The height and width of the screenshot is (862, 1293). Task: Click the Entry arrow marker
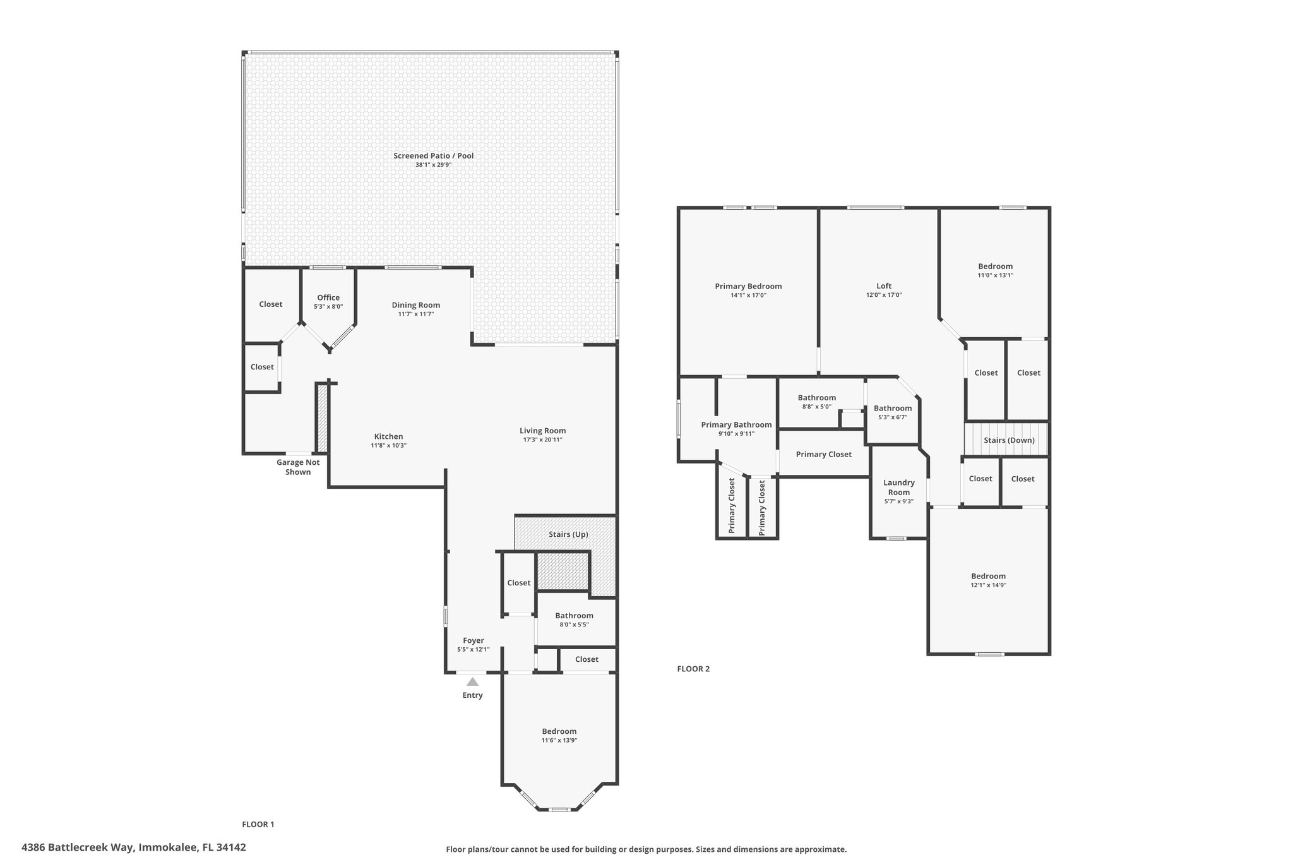[472, 681]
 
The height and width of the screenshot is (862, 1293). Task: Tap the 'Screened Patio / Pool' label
[433, 156]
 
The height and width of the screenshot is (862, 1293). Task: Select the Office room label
[328, 297]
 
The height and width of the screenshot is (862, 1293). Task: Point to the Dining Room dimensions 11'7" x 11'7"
[416, 314]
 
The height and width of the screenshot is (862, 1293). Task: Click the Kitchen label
[388, 436]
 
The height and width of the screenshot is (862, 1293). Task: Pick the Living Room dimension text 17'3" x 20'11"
[542, 440]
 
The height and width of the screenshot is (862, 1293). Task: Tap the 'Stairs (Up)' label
[568, 534]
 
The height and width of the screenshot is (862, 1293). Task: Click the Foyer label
[474, 640]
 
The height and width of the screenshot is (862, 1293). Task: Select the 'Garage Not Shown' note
[298, 467]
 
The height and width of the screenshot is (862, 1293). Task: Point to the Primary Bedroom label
[748, 286]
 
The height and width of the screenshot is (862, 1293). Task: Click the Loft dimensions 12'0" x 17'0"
[884, 295]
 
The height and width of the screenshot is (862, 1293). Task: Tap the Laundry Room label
[899, 488]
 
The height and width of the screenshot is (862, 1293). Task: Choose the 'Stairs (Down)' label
[1009, 440]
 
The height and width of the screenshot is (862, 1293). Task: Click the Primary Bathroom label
[736, 424]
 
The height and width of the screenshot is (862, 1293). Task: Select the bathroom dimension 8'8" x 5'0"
[817, 407]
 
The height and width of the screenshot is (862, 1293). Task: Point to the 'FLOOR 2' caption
[693, 669]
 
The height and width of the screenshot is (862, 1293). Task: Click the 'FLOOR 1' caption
[258, 824]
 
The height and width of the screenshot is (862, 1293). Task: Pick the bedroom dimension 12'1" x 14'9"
[988, 585]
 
